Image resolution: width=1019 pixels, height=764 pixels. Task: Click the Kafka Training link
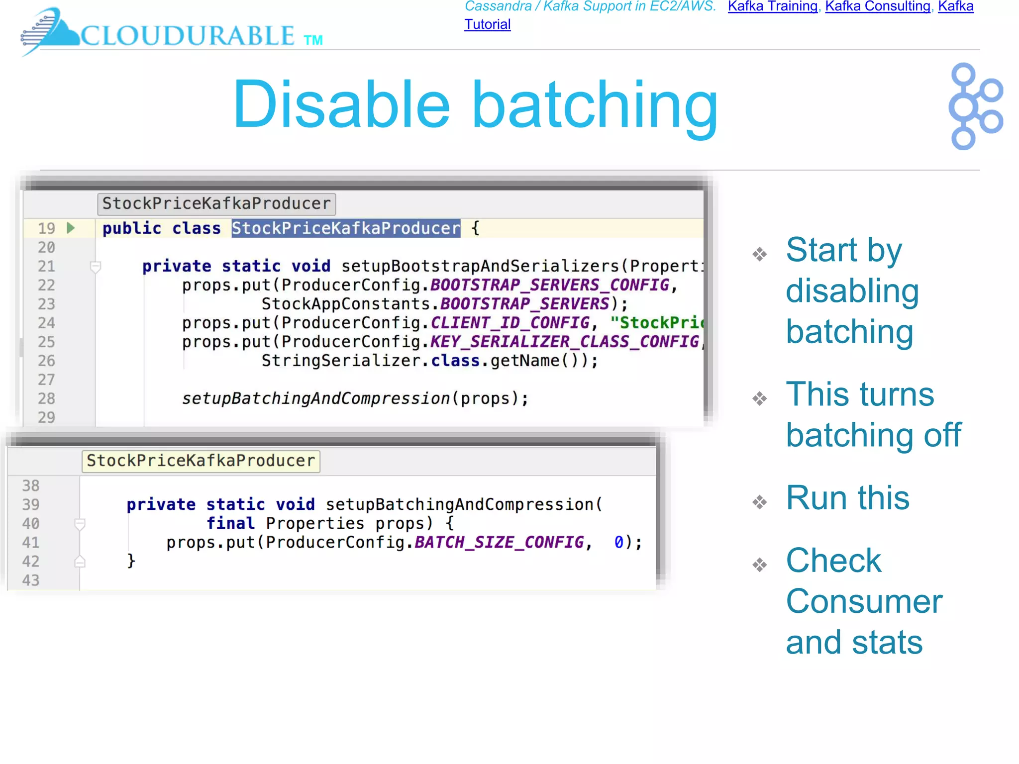click(772, 6)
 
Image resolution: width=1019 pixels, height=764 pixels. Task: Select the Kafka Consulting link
click(878, 6)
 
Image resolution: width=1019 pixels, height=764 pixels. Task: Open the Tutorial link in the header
click(487, 24)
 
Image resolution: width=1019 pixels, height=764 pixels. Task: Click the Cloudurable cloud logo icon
click(50, 31)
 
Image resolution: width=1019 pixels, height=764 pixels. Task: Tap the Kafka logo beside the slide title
click(975, 106)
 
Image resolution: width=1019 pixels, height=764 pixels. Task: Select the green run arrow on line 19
click(71, 228)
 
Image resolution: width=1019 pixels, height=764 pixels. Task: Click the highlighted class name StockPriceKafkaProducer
click(346, 228)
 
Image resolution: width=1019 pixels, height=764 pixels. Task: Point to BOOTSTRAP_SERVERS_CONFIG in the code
click(549, 285)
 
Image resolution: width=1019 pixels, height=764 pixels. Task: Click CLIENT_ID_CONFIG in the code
click(509, 323)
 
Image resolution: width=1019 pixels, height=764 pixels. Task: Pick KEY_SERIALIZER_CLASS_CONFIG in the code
click(564, 342)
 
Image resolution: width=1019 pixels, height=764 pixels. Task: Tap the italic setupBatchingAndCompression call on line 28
click(315, 398)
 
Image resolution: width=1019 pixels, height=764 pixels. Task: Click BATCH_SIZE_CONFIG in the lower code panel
click(499, 542)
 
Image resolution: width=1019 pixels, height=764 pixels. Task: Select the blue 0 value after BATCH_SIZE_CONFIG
click(618, 542)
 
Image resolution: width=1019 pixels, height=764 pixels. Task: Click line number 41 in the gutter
click(31, 542)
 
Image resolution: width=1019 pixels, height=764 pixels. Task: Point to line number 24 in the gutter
click(46, 323)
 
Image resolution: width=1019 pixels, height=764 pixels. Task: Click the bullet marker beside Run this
click(759, 502)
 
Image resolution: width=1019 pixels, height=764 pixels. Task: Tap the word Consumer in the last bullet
click(864, 601)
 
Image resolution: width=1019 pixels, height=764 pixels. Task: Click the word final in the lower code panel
click(230, 523)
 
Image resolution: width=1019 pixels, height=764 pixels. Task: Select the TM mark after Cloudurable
click(313, 40)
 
